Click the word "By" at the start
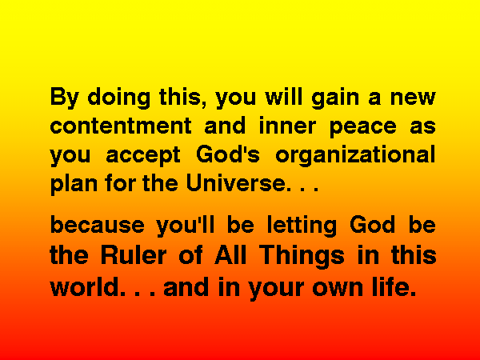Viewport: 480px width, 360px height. coord(65,98)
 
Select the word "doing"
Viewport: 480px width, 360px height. coord(118,98)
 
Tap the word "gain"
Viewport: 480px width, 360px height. coord(335,98)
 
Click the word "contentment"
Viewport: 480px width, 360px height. coord(121,126)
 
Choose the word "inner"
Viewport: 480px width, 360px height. coord(287,126)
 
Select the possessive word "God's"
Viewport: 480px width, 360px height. coord(228,154)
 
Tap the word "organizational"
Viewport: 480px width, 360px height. coord(355,155)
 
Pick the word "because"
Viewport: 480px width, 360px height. coord(98,224)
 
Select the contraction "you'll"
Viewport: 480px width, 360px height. coord(186,226)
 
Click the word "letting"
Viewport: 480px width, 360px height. coord(302,226)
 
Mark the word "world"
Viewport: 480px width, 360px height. coord(85,286)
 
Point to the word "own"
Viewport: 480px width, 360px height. coord(337,289)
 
